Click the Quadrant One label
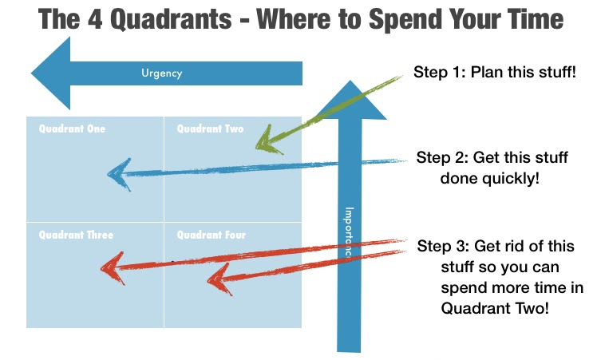pos(73,129)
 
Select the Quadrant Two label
pos(210,129)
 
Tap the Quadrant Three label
pos(77,235)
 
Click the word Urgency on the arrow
pos(162,73)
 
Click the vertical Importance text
pos(349,232)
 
